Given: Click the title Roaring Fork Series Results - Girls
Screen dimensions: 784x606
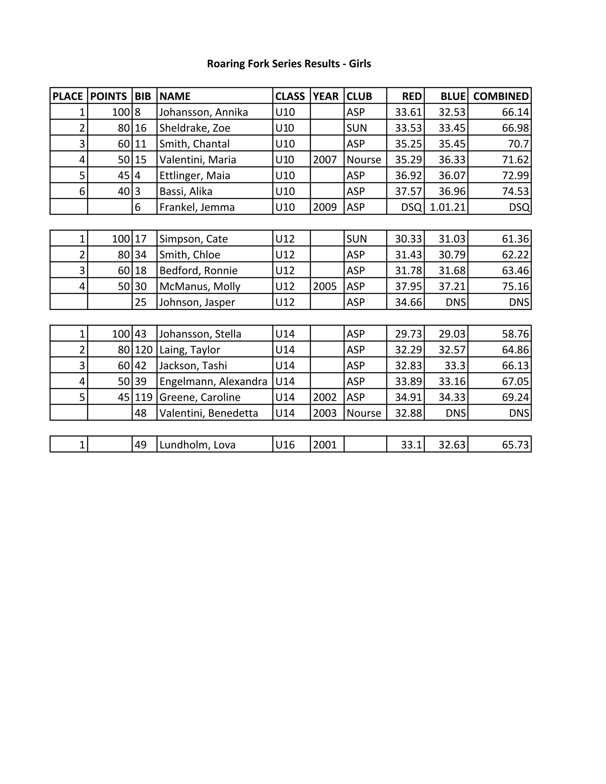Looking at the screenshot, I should (289, 64).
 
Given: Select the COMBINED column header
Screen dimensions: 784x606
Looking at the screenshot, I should (501, 96).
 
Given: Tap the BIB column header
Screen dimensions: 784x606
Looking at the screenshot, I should (143, 96).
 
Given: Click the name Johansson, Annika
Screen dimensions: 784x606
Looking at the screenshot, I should (204, 112).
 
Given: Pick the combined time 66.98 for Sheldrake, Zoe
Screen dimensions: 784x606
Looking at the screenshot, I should (515, 128).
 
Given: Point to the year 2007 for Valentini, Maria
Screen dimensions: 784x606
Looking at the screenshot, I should (325, 160).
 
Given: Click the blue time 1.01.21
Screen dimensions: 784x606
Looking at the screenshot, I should (447, 207).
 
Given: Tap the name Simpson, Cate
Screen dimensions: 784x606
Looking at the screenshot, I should (194, 239).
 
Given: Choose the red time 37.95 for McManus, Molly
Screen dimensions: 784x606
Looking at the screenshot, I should (408, 286).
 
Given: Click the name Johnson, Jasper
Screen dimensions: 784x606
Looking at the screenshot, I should (197, 302).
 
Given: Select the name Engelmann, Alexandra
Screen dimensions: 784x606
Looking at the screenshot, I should (213, 381).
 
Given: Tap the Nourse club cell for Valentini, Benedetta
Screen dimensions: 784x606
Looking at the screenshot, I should (364, 413).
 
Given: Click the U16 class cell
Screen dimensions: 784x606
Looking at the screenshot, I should (285, 445).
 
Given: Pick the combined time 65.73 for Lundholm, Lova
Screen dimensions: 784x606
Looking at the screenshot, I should (515, 445).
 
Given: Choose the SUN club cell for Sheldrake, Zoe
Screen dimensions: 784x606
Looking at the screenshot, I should (357, 128).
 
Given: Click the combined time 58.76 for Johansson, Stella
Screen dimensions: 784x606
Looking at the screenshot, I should (515, 334).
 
